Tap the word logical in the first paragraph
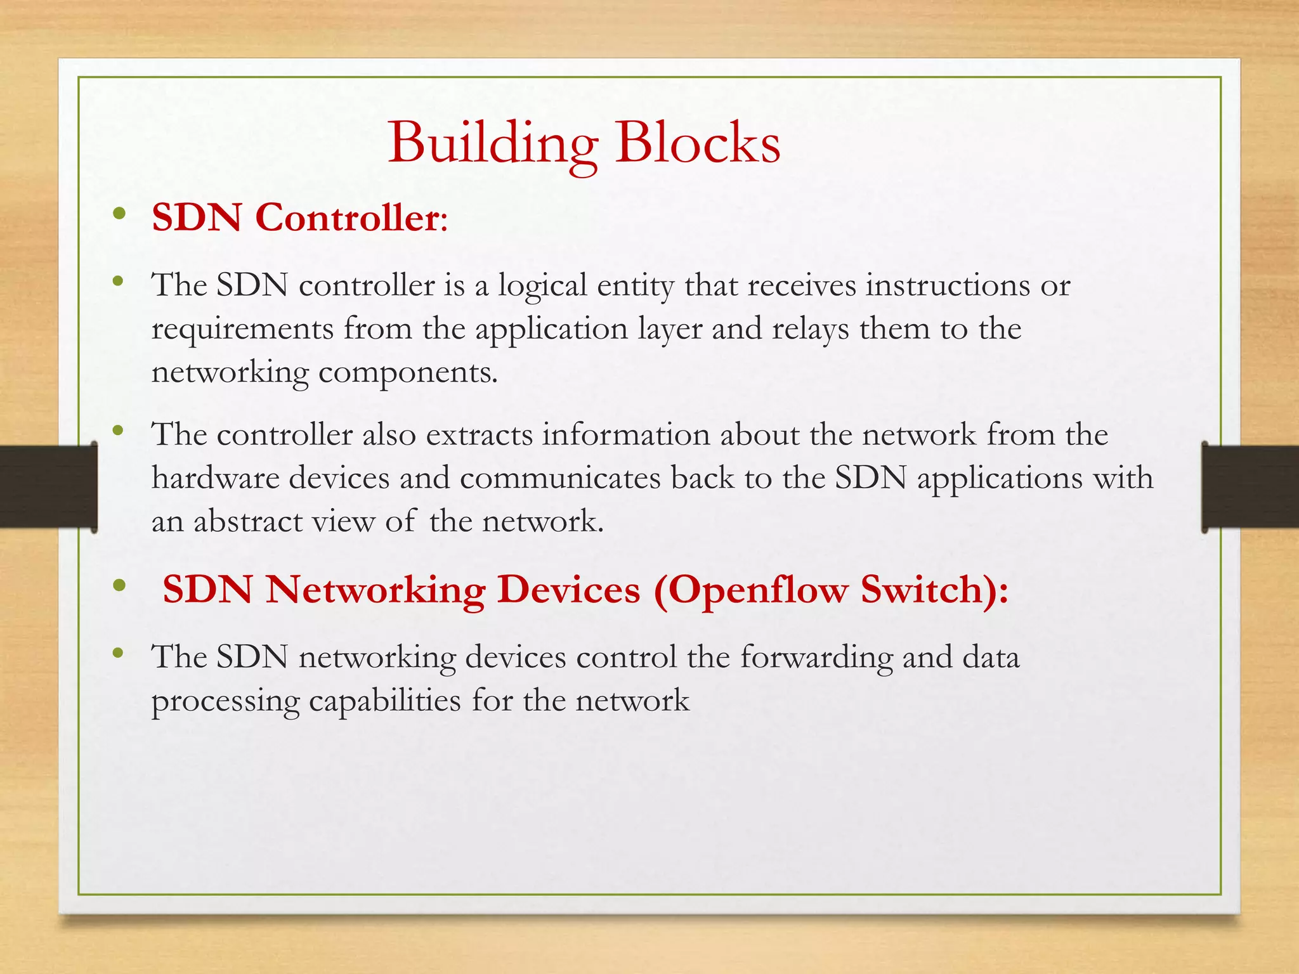[542, 286]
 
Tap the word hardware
[215, 478]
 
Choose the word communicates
[560, 478]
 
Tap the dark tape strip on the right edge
[1250, 486]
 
